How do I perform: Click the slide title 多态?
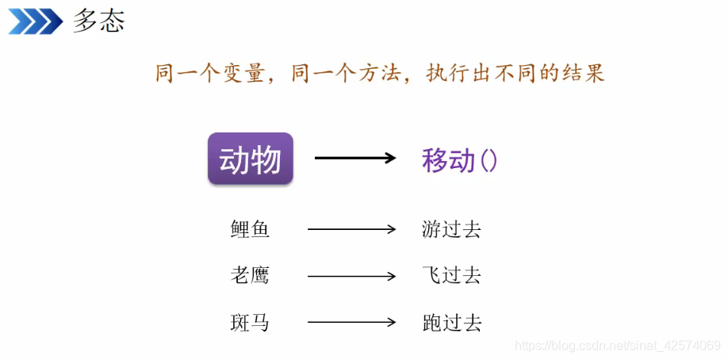[x=99, y=21]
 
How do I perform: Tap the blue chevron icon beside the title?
[x=36, y=21]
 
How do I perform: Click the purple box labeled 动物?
[x=251, y=159]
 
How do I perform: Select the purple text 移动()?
[x=459, y=160]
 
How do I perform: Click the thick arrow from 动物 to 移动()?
[x=354, y=158]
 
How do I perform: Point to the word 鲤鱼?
[x=251, y=230]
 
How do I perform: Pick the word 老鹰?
[x=251, y=276]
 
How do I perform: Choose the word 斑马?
[x=251, y=323]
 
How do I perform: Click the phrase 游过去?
[x=452, y=230]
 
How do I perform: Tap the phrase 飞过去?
[x=452, y=276]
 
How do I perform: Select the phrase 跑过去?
[x=452, y=323]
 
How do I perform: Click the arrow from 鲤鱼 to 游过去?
[x=351, y=230]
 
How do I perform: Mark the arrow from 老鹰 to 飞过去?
[x=351, y=276]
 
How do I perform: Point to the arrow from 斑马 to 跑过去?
[x=351, y=323]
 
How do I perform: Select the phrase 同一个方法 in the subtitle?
[x=343, y=74]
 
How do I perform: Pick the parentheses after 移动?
[x=489, y=160]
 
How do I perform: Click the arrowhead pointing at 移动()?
[x=389, y=158]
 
